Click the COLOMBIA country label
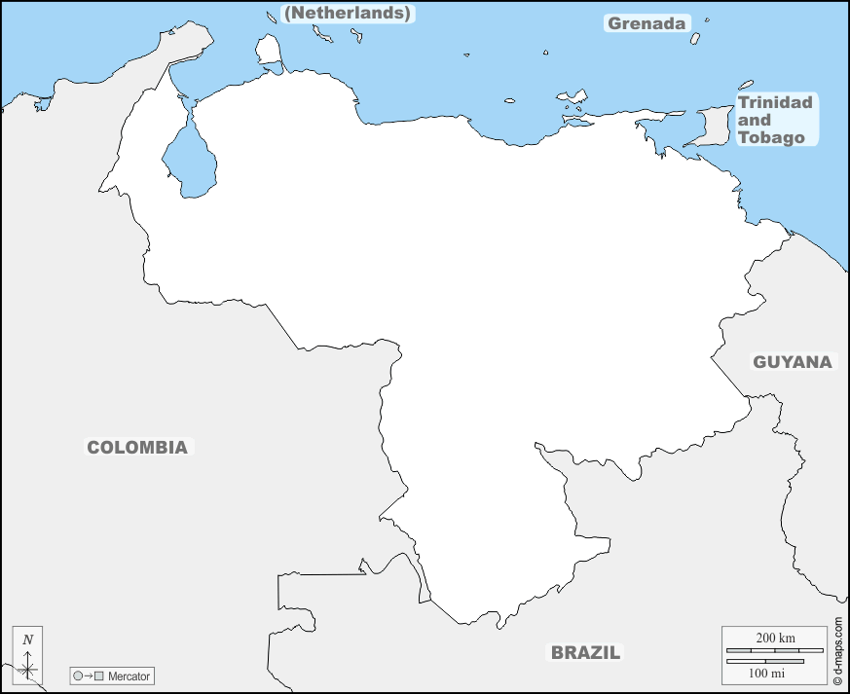(137, 448)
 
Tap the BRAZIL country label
(585, 653)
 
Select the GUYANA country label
(793, 362)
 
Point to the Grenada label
(647, 23)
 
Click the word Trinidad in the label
(775, 102)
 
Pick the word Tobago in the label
(771, 137)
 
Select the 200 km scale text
(776, 638)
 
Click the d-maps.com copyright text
(838, 648)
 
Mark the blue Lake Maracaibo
(190, 161)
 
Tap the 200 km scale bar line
(776, 649)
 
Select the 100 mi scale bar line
(765, 661)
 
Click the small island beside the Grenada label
(696, 39)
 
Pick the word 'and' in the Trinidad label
(755, 120)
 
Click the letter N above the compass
(28, 639)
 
